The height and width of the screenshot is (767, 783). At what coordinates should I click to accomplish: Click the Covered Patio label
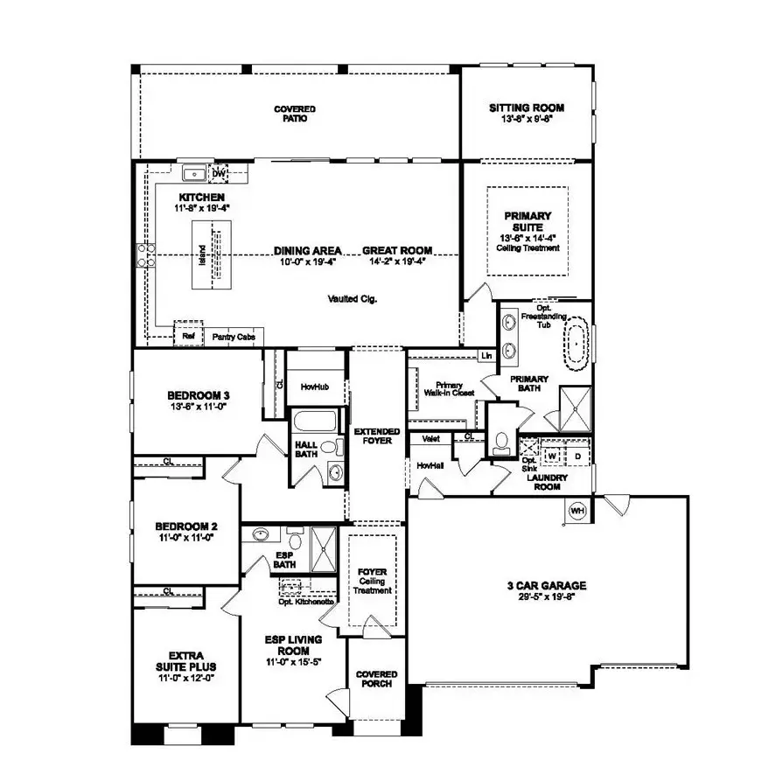click(294, 114)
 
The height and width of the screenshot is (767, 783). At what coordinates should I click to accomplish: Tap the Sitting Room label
click(526, 113)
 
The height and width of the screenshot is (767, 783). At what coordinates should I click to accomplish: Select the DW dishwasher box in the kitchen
click(219, 173)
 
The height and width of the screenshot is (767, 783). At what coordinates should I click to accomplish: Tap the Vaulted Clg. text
click(353, 299)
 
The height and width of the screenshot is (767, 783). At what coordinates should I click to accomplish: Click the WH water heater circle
click(577, 510)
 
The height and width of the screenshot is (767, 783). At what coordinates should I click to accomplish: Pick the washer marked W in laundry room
click(553, 456)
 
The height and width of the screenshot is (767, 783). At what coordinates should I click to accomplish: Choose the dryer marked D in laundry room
click(577, 456)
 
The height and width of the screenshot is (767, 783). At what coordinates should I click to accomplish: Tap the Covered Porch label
click(377, 679)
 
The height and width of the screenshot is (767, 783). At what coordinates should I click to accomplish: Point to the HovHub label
click(313, 386)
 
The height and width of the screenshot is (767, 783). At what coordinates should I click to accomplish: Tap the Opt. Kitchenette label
click(307, 602)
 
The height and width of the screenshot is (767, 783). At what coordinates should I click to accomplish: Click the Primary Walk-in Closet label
click(449, 389)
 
